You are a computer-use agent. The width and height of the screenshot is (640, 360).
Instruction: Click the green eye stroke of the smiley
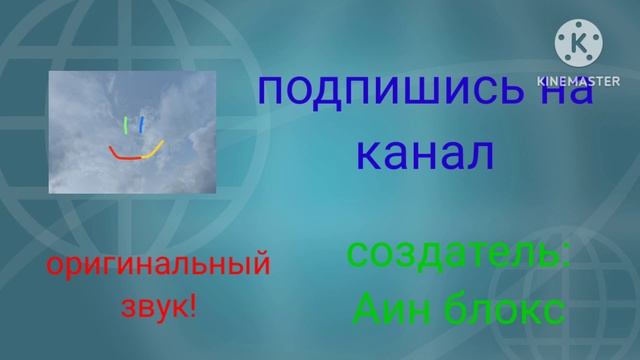coord(125,125)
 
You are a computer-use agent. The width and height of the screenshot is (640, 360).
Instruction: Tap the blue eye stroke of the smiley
coord(142,124)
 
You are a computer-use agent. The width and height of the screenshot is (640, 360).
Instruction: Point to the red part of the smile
coord(124,154)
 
